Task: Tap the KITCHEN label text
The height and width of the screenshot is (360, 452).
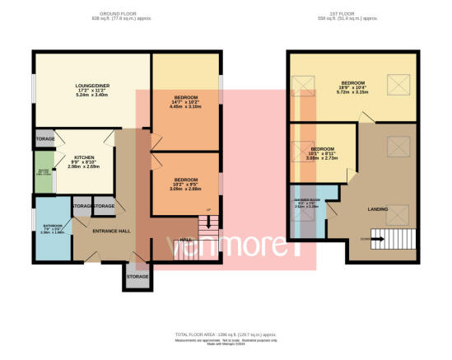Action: click(84, 157)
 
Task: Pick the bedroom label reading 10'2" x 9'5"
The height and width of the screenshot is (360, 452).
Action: click(186, 180)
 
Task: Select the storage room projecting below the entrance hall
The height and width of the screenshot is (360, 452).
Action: click(137, 276)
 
